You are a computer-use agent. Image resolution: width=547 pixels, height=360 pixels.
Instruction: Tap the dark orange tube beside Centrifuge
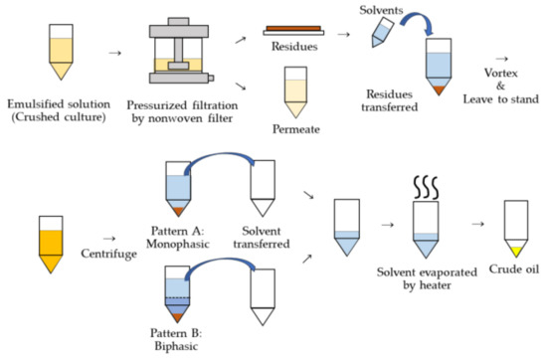48,240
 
